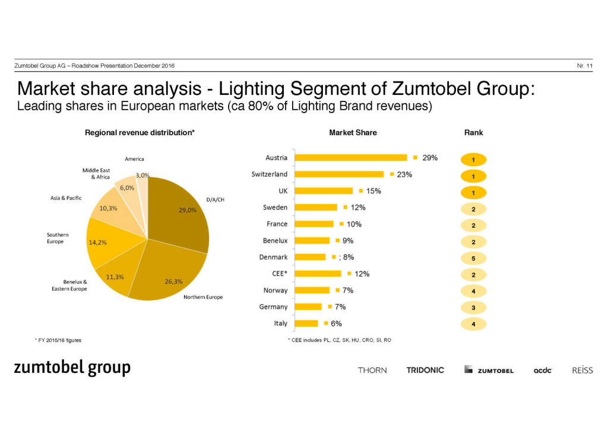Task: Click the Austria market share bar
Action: [x=351, y=158]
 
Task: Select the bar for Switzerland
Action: [x=340, y=174]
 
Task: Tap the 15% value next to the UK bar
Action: [x=373, y=191]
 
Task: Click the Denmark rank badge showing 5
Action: [x=474, y=258]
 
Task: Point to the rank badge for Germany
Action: [x=474, y=308]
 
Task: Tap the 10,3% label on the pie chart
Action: [x=108, y=209]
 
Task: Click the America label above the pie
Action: [x=134, y=159]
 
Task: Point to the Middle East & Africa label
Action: [x=96, y=174]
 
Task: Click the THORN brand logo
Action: [x=372, y=370]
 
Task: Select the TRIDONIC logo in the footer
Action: [x=425, y=370]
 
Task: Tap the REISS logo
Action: [x=582, y=370]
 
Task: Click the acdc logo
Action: [x=543, y=371]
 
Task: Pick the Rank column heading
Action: [x=473, y=133]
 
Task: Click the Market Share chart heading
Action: [x=353, y=133]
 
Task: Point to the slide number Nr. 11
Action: [x=585, y=65]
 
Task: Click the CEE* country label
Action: [x=278, y=274]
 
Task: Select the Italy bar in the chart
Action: [x=307, y=324]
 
